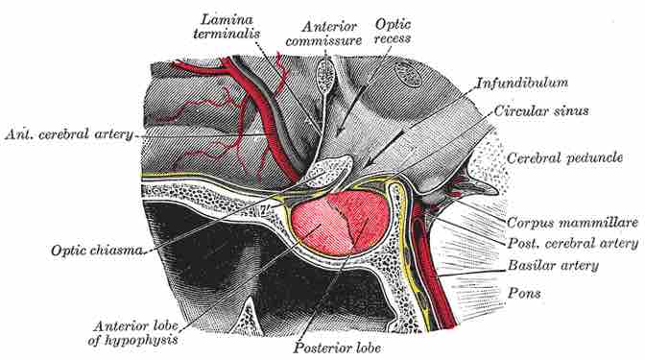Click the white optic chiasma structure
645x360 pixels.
tap(322, 173)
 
